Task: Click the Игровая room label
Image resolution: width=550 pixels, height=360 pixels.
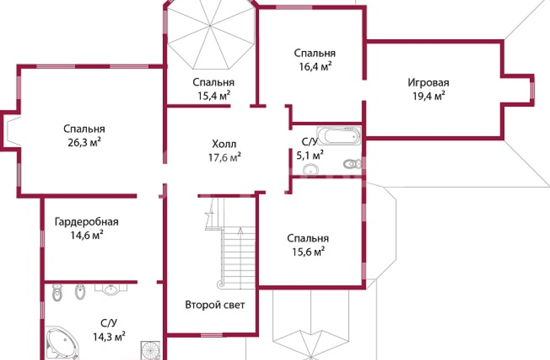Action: pyautogui.click(x=428, y=83)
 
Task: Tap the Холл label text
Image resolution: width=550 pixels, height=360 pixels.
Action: pyautogui.click(x=224, y=144)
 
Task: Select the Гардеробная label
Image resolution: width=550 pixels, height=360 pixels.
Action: pyautogui.click(x=87, y=222)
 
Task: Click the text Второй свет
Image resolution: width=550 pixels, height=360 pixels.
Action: pyautogui.click(x=214, y=305)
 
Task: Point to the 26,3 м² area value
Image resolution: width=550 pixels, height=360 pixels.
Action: pyautogui.click(x=84, y=143)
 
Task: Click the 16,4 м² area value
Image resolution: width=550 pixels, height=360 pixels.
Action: pyautogui.click(x=315, y=67)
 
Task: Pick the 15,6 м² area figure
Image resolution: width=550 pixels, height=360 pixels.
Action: pyautogui.click(x=308, y=251)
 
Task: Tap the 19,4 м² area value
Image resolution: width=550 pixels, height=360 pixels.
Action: pyautogui.click(x=429, y=96)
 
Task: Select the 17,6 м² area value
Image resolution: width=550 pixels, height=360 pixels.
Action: pyautogui.click(x=225, y=157)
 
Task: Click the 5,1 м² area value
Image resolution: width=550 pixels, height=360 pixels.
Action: pyautogui.click(x=309, y=154)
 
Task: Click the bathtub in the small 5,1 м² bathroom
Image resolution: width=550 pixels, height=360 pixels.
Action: pyautogui.click(x=339, y=135)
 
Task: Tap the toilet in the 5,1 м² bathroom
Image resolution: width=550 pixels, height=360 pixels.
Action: pyautogui.click(x=353, y=164)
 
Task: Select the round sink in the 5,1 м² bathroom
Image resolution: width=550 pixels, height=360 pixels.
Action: pyautogui.click(x=311, y=170)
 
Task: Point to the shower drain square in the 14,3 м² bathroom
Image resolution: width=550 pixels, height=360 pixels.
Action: pyautogui.click(x=151, y=350)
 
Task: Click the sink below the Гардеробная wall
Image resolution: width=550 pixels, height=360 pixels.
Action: pyautogui.click(x=111, y=289)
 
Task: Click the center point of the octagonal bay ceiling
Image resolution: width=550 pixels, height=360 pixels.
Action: pyautogui.click(x=210, y=26)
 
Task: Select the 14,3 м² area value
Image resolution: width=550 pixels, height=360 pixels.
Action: pyautogui.click(x=109, y=337)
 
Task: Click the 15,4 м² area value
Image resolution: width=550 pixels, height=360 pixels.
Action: pyautogui.click(x=214, y=96)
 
